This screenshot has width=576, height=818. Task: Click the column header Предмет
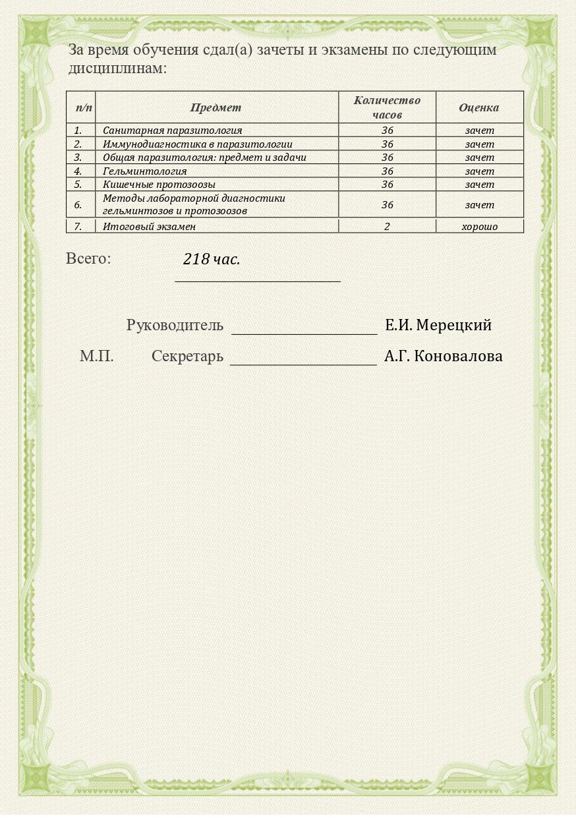[216, 107]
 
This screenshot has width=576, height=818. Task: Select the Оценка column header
[479, 107]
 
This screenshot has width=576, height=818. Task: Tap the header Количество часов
[387, 107]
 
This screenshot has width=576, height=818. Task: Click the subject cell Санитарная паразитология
[173, 131]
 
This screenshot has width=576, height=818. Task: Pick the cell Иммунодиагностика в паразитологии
[198, 144]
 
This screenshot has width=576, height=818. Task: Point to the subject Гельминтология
[145, 171]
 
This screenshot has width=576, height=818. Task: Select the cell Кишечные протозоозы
[159, 185]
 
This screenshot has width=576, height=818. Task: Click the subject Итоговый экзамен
[150, 227]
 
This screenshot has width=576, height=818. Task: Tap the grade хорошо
[479, 227]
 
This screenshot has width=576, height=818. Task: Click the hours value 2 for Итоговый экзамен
[387, 227]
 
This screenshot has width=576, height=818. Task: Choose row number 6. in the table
[78, 205]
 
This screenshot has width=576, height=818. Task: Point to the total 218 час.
[212, 260]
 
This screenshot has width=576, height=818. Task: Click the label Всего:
[88, 258]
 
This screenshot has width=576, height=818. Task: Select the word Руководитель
[175, 326]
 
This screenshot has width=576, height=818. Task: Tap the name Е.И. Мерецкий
[438, 326]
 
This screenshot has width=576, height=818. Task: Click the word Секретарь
[187, 357]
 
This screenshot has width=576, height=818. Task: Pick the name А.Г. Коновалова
[444, 357]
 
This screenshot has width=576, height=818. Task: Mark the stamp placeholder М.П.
[97, 357]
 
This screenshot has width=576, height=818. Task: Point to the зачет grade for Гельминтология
[479, 171]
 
